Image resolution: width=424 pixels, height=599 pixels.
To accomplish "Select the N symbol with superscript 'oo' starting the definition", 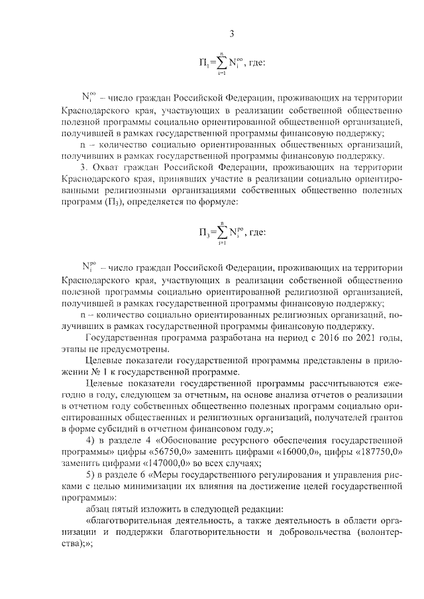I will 89,98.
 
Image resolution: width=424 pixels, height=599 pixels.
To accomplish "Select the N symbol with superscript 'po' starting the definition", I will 89,267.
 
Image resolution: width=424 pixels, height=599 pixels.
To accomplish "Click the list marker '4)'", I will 93,440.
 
